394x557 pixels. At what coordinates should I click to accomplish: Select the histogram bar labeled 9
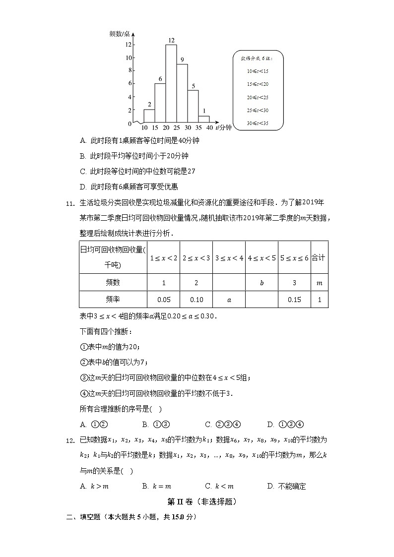[183, 93]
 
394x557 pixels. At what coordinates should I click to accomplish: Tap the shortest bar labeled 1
[204, 120]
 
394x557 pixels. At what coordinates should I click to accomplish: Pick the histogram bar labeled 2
[149, 116]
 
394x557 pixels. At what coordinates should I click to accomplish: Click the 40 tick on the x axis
[209, 128]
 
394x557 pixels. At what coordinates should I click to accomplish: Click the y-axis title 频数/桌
[120, 34]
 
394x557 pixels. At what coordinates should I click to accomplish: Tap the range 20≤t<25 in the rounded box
[258, 97]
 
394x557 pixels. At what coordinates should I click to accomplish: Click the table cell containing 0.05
[163, 300]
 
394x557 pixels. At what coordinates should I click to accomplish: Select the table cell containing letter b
[262, 283]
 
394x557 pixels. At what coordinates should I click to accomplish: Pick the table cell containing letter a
[229, 300]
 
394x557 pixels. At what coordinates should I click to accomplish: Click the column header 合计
[319, 258]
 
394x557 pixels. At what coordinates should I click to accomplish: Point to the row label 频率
[113, 300]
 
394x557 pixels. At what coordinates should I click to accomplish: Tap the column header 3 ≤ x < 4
[229, 258]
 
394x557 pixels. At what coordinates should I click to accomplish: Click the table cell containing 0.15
[294, 300]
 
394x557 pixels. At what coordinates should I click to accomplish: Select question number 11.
[70, 202]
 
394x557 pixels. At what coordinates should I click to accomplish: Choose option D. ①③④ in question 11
[285, 424]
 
